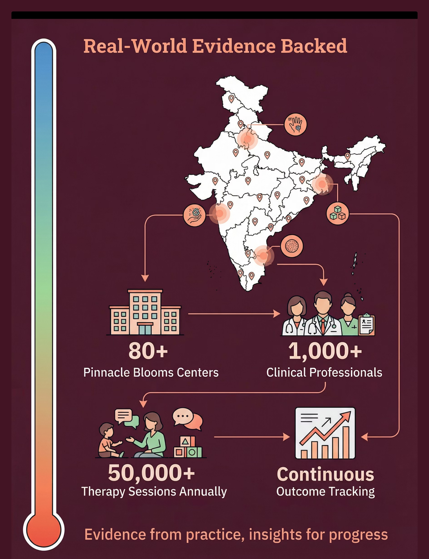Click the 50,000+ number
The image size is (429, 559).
(x=151, y=473)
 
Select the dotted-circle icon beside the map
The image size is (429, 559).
(x=292, y=246)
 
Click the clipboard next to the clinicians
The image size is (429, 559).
(x=366, y=325)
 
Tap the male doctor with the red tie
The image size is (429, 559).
(x=323, y=315)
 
